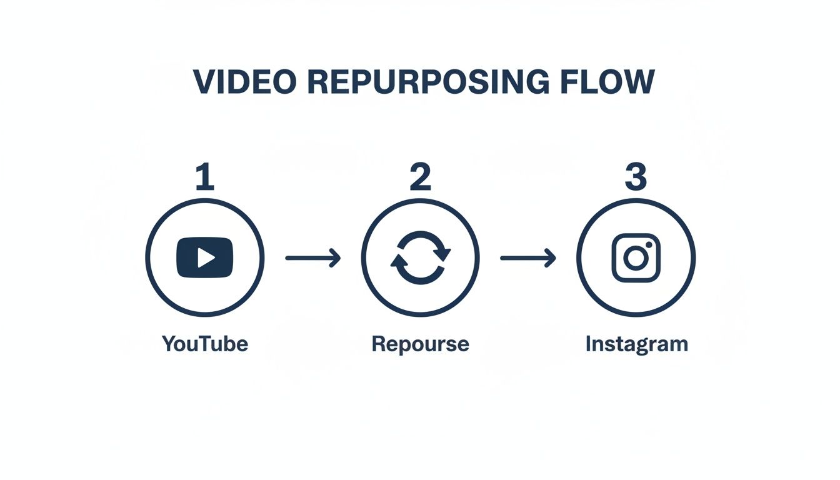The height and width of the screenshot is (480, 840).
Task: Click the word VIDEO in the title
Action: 245,82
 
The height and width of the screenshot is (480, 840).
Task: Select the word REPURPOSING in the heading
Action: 429,82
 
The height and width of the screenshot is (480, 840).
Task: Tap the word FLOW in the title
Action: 607,82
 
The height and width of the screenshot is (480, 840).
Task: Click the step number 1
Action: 205,176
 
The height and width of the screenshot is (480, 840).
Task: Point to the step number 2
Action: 421,176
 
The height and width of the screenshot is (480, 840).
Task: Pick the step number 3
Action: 636,176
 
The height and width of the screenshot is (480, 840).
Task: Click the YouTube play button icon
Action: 205,257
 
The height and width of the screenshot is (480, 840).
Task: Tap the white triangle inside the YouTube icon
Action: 206,257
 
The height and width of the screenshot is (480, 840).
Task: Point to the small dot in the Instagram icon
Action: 649,245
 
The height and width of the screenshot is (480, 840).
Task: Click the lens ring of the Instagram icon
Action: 636,248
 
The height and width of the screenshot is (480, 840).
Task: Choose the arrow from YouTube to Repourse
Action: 313,258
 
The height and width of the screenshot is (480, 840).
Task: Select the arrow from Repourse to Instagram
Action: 528,258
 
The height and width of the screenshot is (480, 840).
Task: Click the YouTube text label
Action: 205,344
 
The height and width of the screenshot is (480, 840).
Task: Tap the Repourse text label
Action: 421,344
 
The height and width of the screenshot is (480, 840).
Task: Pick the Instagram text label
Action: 637,344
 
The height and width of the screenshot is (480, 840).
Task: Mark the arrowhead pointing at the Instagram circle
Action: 551,258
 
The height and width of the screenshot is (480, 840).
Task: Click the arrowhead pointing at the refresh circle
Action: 336,258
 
